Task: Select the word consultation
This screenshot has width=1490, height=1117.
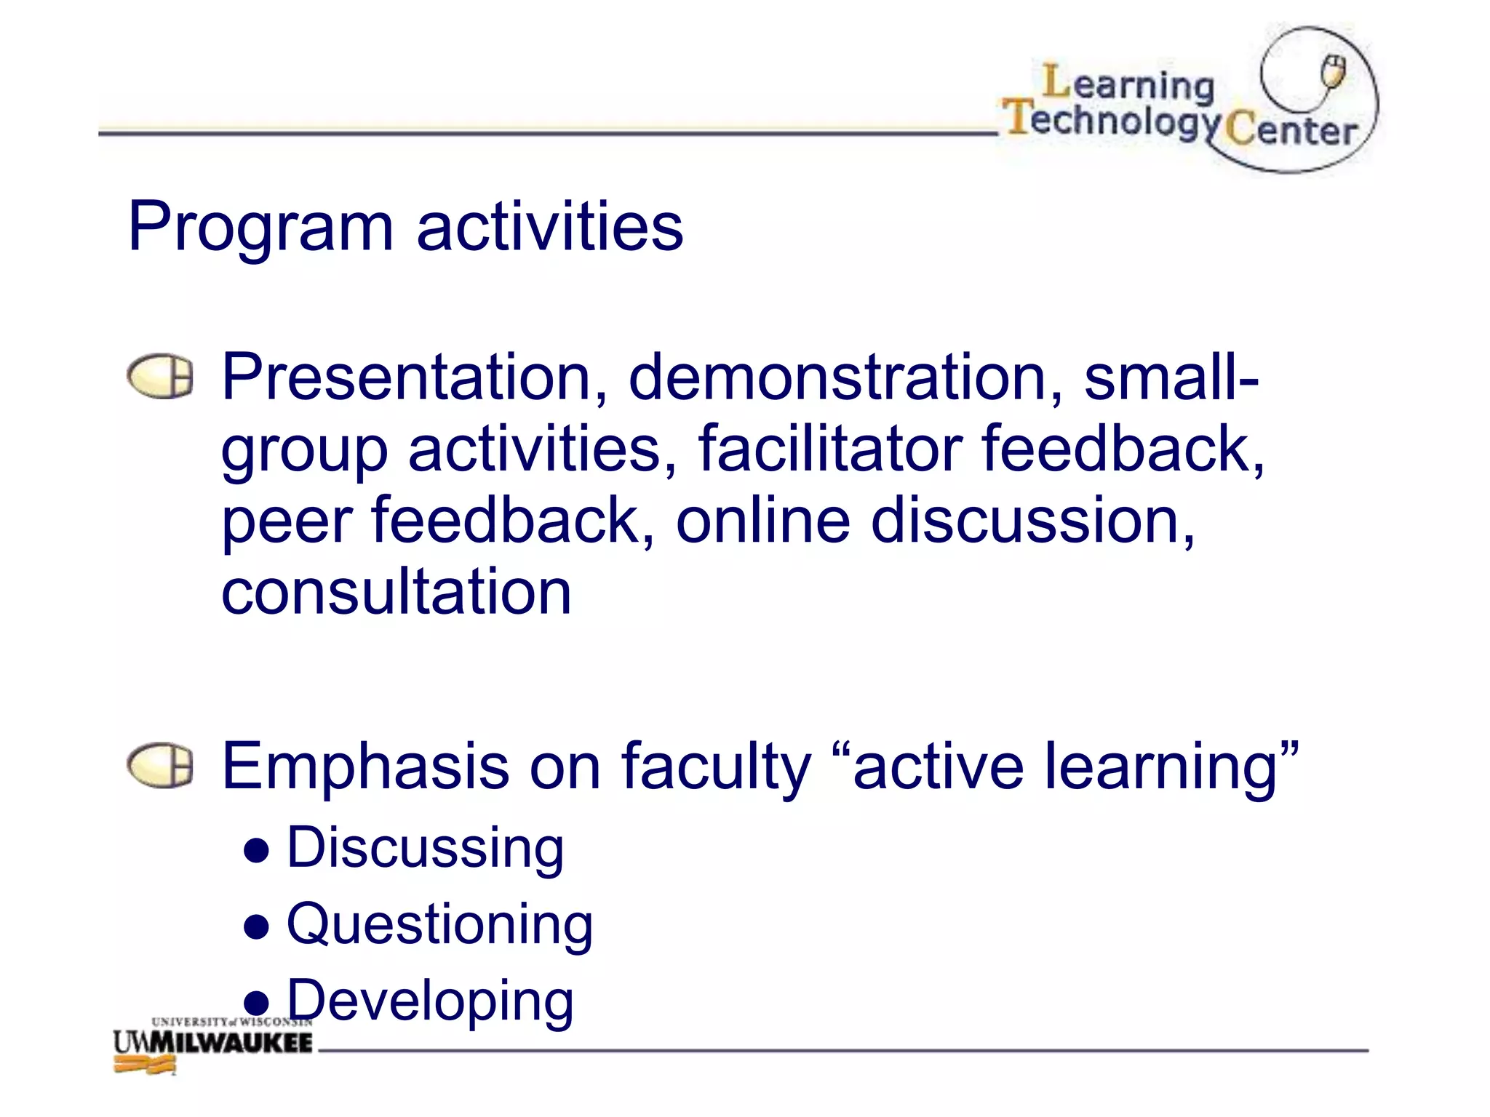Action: (396, 592)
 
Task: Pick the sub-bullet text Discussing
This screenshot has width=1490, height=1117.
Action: (425, 849)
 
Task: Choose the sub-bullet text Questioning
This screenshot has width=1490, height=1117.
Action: (439, 925)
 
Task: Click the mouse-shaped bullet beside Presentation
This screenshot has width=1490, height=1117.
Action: (161, 377)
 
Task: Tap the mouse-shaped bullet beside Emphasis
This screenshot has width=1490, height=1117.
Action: (161, 766)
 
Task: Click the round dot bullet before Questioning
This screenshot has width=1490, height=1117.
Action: (257, 928)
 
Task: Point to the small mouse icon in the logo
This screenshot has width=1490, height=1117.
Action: (1334, 71)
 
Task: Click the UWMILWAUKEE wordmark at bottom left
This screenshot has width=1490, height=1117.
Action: (212, 1042)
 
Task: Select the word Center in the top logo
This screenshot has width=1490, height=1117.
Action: (1291, 131)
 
